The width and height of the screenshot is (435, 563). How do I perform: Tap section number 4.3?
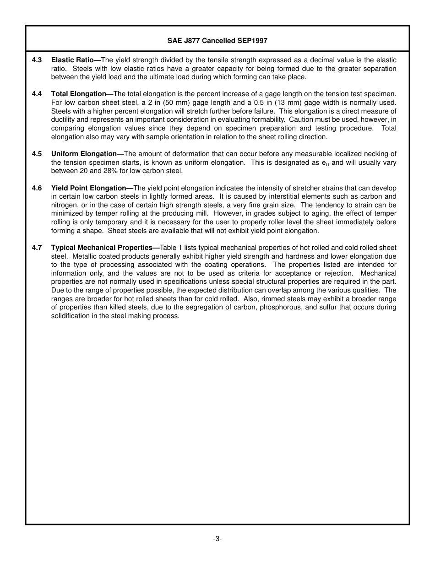pos(37,60)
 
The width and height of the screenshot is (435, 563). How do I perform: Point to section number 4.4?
pos(37,94)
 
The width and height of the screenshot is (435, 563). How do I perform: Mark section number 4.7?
pos(37,248)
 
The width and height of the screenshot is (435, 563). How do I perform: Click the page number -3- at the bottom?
pos(217,539)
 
